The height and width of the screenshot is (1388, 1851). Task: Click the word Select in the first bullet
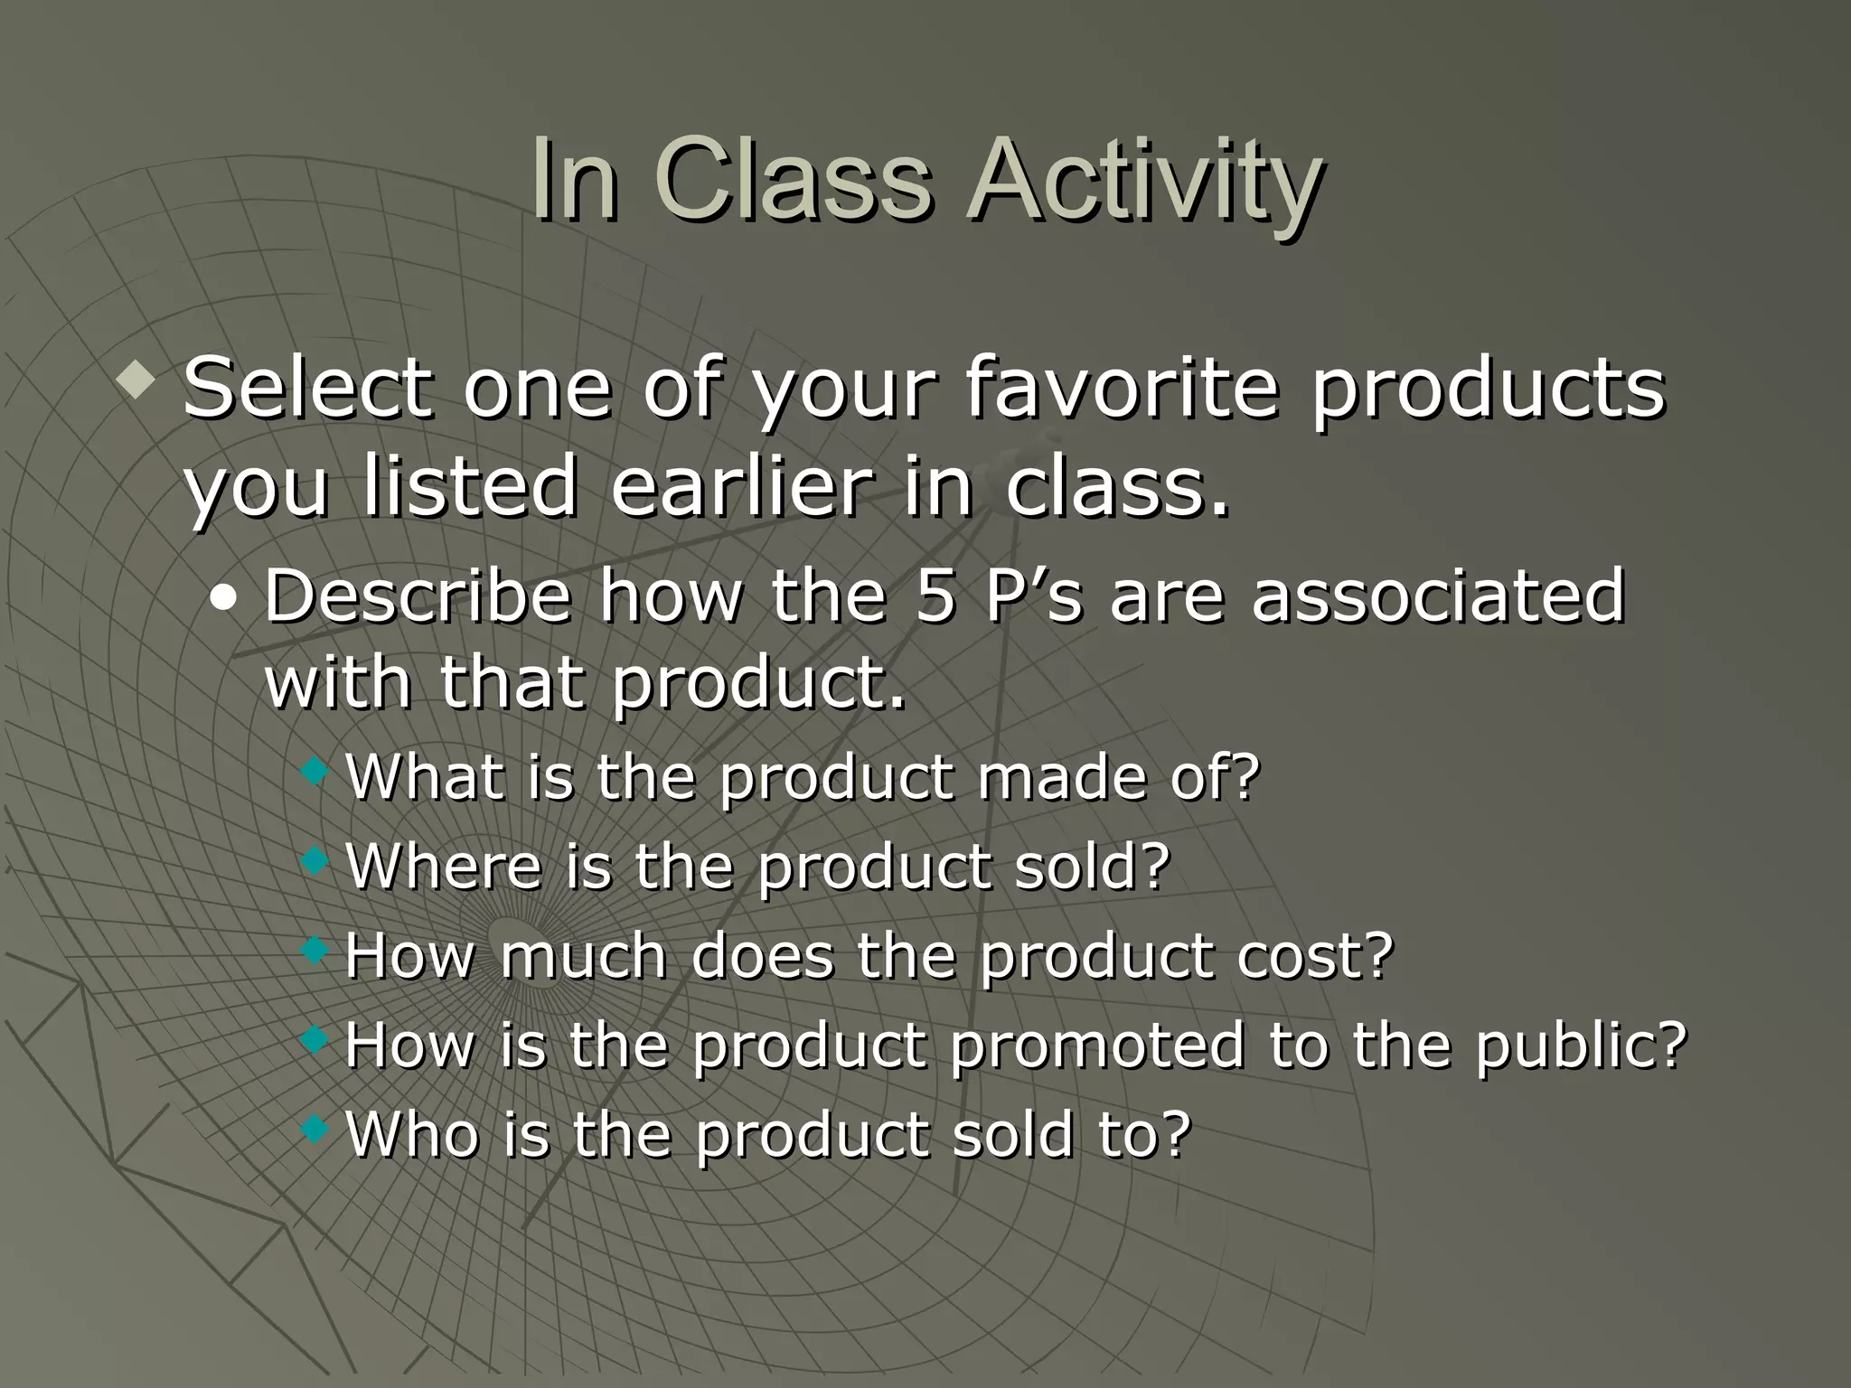tap(305, 389)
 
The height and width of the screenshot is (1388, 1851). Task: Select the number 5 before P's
tap(935, 596)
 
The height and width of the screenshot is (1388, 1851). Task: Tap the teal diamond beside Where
tap(315, 860)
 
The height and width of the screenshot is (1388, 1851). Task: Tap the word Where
tap(443, 866)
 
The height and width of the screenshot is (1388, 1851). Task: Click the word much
tap(582, 956)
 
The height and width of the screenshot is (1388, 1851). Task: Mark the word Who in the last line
tap(412, 1133)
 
